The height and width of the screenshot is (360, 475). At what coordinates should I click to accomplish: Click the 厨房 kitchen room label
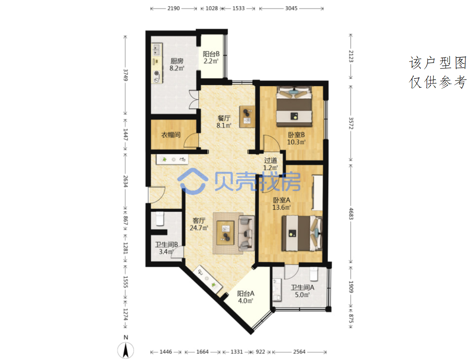click(x=177, y=61)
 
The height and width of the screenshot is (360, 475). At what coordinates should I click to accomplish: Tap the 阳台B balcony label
click(x=211, y=54)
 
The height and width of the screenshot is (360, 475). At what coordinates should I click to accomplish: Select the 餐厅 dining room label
click(x=224, y=118)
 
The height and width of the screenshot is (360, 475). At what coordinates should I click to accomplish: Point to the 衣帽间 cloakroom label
click(x=171, y=135)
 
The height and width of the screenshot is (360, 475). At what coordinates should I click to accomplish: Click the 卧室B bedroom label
click(x=296, y=134)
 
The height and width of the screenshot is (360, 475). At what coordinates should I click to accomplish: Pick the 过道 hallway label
click(x=270, y=161)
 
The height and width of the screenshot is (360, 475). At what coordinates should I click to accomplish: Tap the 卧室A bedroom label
click(x=282, y=200)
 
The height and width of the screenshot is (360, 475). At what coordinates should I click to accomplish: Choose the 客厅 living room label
click(x=199, y=220)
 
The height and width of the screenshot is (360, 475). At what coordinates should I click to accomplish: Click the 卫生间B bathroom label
click(x=167, y=245)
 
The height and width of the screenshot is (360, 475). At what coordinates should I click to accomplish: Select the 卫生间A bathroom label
click(x=303, y=287)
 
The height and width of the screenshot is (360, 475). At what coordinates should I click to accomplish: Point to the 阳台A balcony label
click(x=246, y=294)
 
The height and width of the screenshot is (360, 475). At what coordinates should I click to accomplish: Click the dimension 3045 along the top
click(x=291, y=8)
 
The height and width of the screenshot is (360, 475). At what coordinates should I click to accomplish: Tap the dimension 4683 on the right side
click(x=351, y=214)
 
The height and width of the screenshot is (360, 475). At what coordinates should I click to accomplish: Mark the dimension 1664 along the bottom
click(x=202, y=352)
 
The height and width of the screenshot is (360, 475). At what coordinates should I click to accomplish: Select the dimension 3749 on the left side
click(x=125, y=75)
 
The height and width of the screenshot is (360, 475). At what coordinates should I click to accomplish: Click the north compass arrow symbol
click(x=126, y=350)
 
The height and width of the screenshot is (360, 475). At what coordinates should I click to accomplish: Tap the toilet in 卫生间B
click(x=160, y=219)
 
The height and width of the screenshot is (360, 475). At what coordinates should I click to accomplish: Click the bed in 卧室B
click(x=294, y=107)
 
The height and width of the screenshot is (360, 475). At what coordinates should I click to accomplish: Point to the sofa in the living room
click(x=246, y=233)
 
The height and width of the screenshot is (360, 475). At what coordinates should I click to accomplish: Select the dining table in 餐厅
click(x=247, y=117)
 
